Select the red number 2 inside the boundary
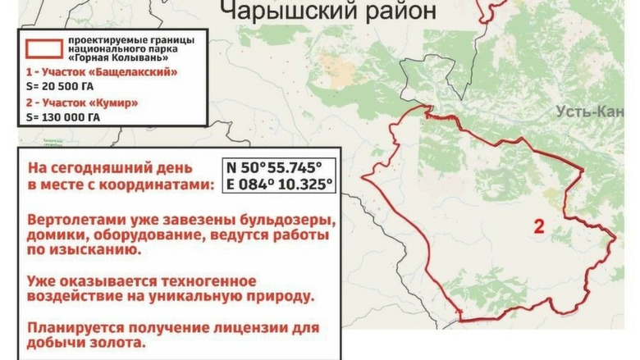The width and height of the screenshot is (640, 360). tap(538, 227)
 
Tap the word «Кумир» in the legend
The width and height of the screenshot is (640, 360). tap(117, 104)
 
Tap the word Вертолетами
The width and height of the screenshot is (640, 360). tap(74, 221)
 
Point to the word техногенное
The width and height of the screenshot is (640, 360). tap(205, 281)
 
